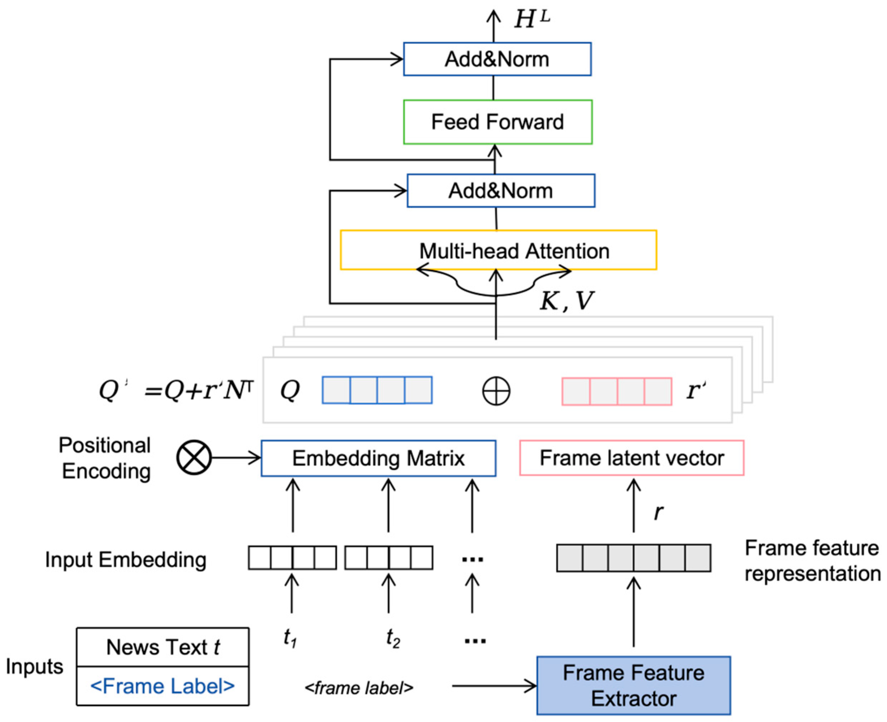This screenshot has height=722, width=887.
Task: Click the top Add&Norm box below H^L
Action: click(497, 59)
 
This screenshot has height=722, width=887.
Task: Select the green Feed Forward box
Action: click(497, 122)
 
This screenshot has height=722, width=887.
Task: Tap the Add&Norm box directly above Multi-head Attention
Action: click(501, 191)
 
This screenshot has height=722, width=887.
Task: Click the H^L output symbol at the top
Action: click(532, 19)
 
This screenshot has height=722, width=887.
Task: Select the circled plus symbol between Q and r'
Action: click(496, 391)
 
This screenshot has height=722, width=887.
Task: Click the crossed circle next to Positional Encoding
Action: click(194, 457)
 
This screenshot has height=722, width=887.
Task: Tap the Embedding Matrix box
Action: click(378, 458)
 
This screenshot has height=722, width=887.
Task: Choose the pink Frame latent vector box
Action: click(631, 458)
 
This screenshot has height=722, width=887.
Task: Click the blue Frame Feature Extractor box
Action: click(633, 685)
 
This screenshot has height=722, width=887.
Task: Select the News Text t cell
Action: click(163, 647)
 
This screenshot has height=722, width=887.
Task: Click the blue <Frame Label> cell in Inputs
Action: click(163, 686)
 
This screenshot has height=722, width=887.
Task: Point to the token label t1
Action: click(290, 638)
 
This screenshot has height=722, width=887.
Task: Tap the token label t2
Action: click(393, 638)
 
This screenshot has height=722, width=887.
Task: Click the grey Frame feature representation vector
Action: click(633, 558)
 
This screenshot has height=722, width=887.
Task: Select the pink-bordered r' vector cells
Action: click(616, 391)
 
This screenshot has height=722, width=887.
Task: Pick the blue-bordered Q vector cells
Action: click(377, 390)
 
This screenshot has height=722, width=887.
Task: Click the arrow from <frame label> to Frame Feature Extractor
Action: click(494, 686)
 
